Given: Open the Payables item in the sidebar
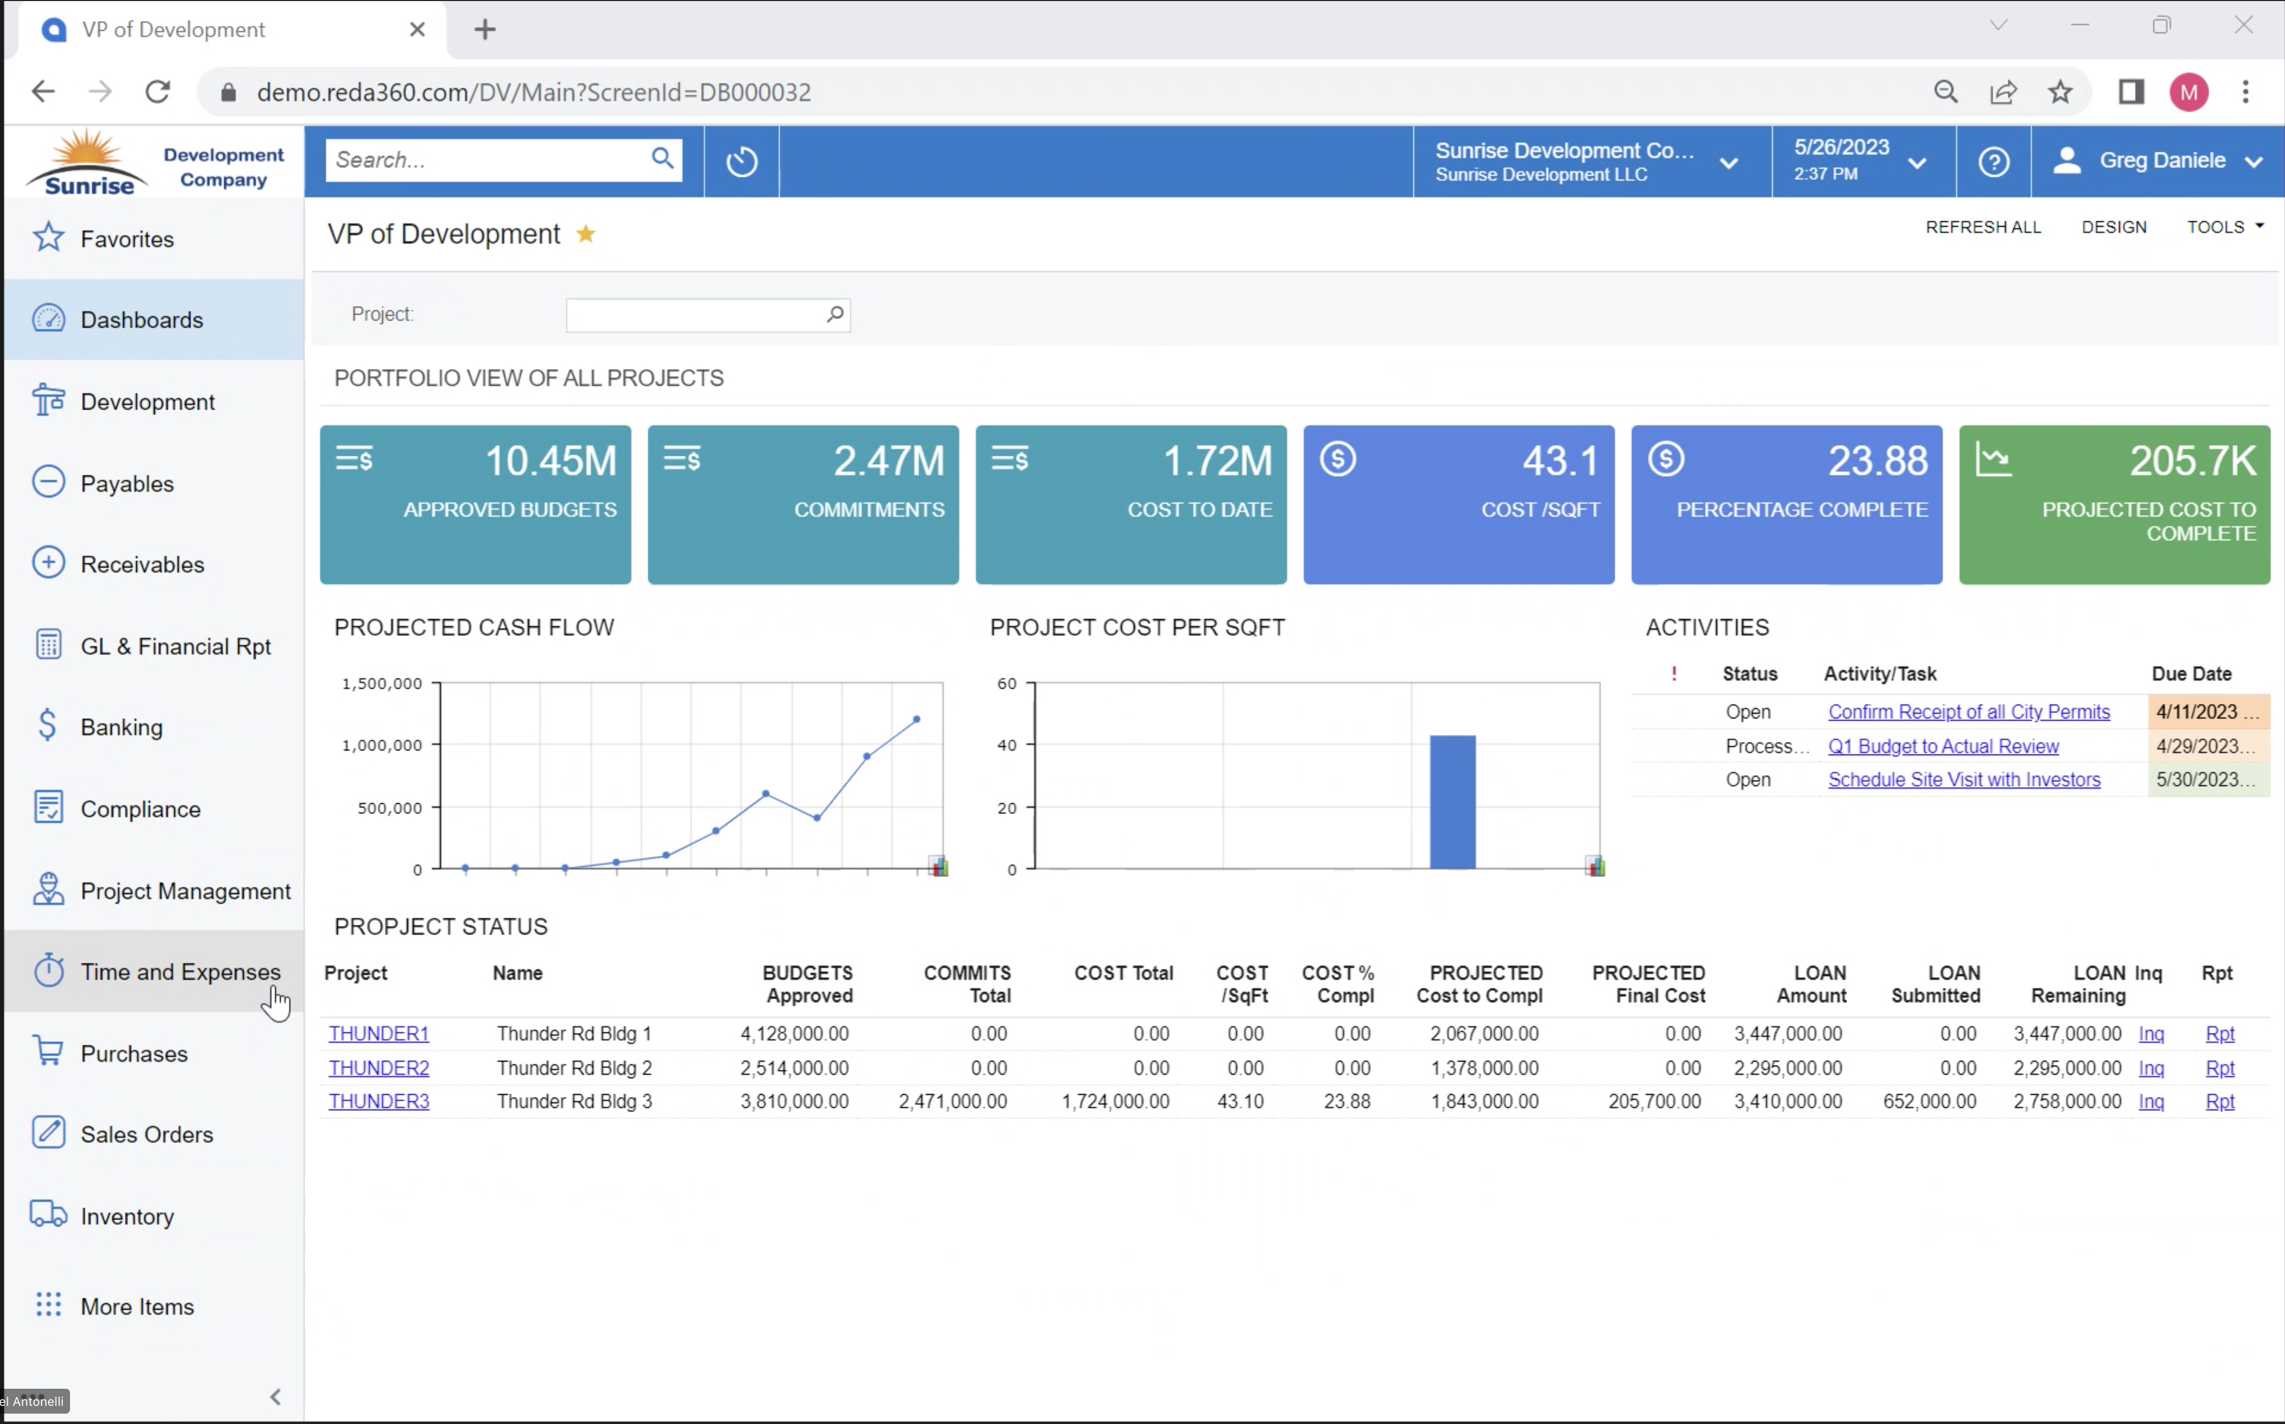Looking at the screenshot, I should [x=127, y=483].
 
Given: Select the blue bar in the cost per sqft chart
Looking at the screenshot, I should [x=1453, y=802].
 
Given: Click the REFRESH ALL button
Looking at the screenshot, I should [x=1983, y=227].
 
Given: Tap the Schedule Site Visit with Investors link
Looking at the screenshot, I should [x=1964, y=780].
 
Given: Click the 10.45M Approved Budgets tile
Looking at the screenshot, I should [x=476, y=504].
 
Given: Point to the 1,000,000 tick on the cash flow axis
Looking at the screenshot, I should [x=382, y=745].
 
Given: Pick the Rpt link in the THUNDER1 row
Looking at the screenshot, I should [x=2219, y=1034].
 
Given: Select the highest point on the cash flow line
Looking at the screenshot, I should [x=916, y=720].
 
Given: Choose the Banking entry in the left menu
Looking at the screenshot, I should [x=121, y=727].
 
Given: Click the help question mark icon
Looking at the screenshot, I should [x=1993, y=161].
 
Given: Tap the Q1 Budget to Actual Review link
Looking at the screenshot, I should [x=1943, y=746].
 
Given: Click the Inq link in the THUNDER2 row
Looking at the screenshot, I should [x=2150, y=1068].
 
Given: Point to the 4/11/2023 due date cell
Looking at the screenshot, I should [x=2207, y=712].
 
